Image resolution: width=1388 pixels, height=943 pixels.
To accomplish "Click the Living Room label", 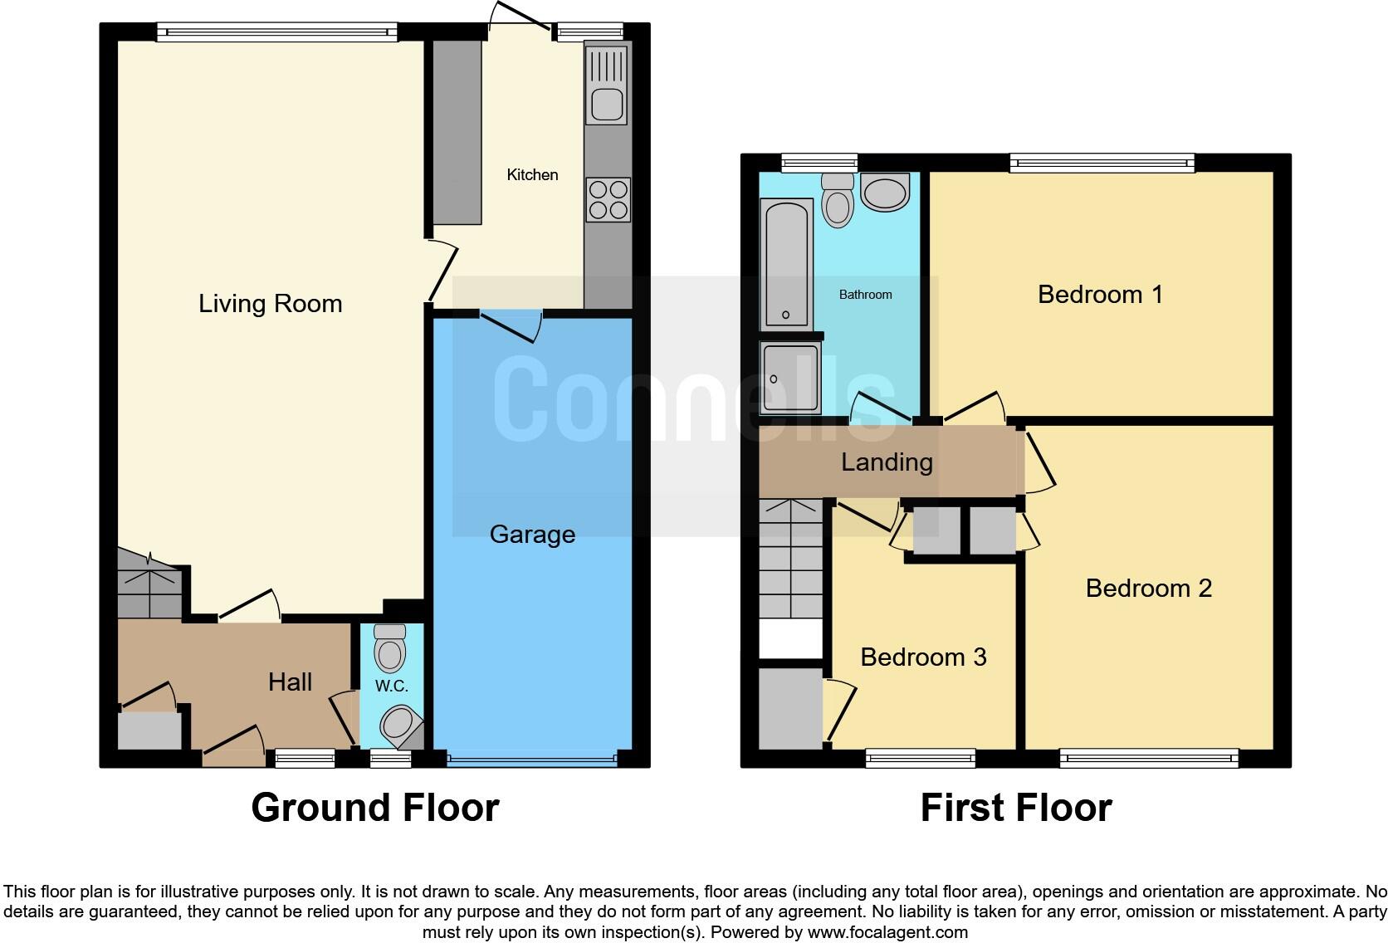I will [270, 304].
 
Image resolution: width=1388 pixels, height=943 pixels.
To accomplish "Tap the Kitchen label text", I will [532, 174].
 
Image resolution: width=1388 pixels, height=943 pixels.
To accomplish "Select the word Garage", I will [532, 534].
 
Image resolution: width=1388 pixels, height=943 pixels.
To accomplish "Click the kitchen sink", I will [608, 104].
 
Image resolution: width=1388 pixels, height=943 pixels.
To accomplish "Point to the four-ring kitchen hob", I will [608, 199].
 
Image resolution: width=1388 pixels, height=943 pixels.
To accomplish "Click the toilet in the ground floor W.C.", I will [390, 648].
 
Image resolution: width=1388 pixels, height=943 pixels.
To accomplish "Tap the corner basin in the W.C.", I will [400, 725].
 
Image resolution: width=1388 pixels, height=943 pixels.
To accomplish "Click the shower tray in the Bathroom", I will [789, 379].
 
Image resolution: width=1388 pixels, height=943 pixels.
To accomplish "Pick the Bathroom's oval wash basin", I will [885, 192].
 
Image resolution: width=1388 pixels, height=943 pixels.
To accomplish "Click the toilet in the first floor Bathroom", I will [837, 199].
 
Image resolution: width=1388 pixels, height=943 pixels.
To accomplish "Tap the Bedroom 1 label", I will [1100, 295].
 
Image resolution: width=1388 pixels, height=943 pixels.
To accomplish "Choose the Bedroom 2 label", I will [1148, 589].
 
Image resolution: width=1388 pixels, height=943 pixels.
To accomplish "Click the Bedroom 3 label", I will [923, 657].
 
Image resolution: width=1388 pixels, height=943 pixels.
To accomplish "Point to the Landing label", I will [887, 462].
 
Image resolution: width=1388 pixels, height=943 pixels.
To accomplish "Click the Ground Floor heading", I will [375, 808].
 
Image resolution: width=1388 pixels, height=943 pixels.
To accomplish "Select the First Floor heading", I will [1016, 808].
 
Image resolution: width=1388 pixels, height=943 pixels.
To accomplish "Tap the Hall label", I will [290, 682].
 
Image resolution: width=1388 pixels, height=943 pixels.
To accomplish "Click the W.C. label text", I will [391, 686].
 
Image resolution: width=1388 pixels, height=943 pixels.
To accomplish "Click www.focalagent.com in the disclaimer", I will [887, 932].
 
